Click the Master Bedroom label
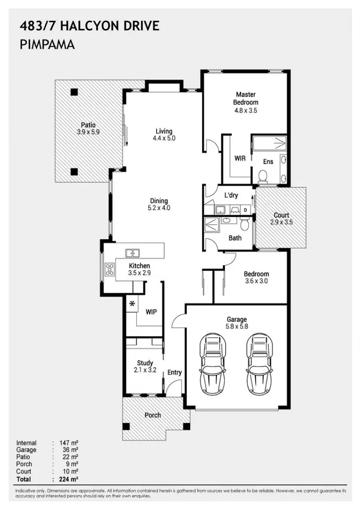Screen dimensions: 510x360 pyautogui.click(x=245, y=98)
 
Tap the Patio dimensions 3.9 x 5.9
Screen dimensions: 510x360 pyautogui.click(x=88, y=132)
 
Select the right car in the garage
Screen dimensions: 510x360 pyautogui.click(x=260, y=364)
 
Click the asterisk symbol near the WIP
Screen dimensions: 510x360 pyautogui.click(x=132, y=304)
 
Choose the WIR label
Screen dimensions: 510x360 pyautogui.click(x=240, y=158)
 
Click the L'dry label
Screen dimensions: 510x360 pyautogui.click(x=231, y=195)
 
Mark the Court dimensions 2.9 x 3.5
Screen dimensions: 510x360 pyautogui.click(x=281, y=222)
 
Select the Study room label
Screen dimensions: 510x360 pyautogui.click(x=145, y=363)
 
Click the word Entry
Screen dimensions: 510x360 pyautogui.click(x=175, y=373)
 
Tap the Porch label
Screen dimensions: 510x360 pyautogui.click(x=152, y=415)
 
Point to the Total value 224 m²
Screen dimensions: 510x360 pyautogui.click(x=68, y=479)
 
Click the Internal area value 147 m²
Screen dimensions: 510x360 pyautogui.click(x=68, y=443)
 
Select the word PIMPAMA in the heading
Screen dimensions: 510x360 pyautogui.click(x=48, y=45)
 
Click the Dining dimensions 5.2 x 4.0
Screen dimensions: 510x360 pyautogui.click(x=159, y=208)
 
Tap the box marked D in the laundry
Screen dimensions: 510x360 pyautogui.click(x=245, y=210)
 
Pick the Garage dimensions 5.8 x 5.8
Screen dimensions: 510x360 pyautogui.click(x=236, y=326)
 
